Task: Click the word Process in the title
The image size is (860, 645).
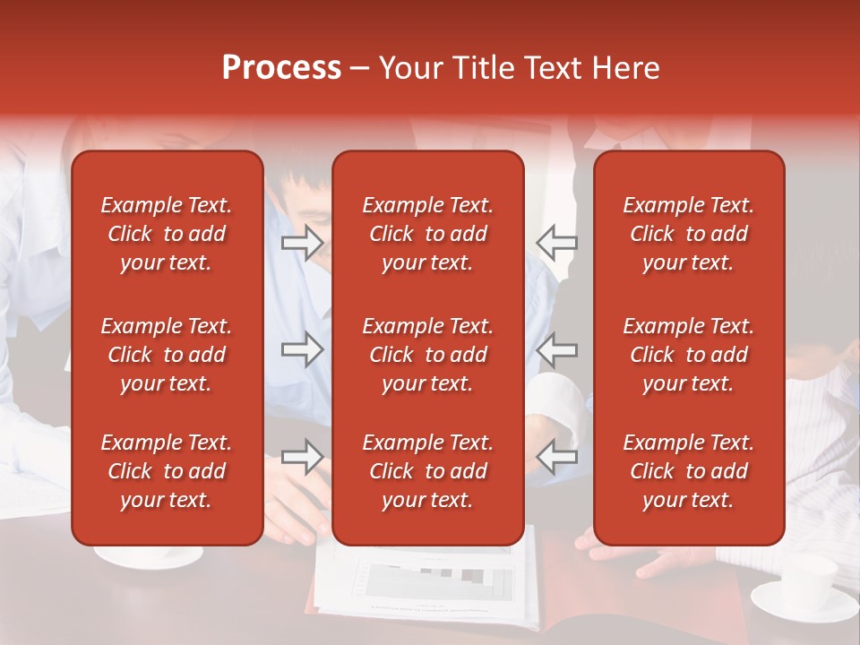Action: coord(281,68)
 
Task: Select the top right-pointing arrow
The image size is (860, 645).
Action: coord(302,243)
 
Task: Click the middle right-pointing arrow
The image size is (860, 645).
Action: coord(302,348)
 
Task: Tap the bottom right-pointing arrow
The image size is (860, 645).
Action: coord(302,456)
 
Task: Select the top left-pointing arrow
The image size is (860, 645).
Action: coord(557,243)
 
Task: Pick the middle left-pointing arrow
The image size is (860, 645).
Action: coord(557,348)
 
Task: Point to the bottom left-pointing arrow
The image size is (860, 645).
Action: coord(557,456)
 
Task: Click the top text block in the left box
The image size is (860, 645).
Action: coord(167,234)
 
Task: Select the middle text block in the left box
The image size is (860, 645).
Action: coord(167,355)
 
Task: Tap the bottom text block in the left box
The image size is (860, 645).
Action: coord(167,471)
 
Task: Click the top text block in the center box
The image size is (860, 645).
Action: coord(427,234)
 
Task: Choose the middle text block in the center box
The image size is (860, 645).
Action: coord(427,355)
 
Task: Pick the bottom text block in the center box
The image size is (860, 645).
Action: coord(427,471)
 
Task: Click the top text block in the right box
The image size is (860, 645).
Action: coord(688,234)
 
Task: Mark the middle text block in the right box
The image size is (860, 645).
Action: coord(688,355)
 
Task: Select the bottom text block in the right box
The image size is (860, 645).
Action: coord(688,471)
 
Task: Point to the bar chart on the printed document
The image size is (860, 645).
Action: coord(439,580)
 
